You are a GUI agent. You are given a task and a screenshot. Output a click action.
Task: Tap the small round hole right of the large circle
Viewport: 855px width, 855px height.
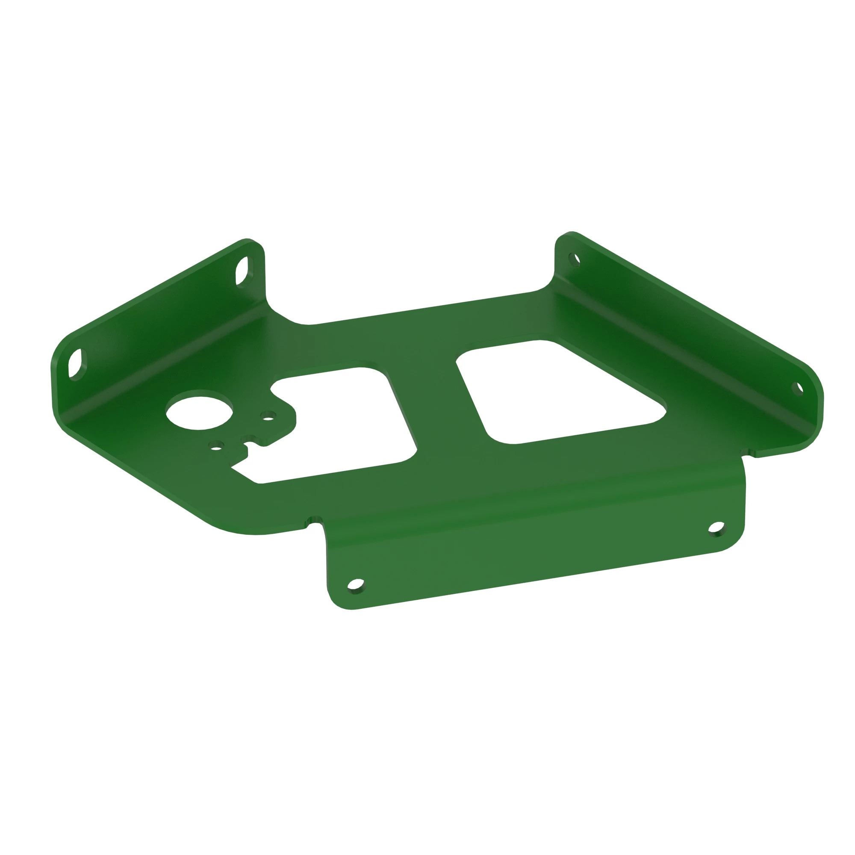pos(268,416)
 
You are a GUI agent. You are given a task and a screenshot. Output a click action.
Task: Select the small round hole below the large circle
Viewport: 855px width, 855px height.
pos(216,445)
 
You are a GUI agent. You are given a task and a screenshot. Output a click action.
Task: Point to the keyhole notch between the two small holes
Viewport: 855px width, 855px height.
pos(249,439)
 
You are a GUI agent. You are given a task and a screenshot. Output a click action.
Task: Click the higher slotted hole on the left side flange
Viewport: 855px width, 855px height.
pos(242,271)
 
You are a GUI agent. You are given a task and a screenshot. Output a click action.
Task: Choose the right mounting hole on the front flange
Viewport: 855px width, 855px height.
pos(716,528)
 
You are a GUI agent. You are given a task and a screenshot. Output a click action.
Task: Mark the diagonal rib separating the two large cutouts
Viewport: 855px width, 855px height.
pos(436,398)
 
